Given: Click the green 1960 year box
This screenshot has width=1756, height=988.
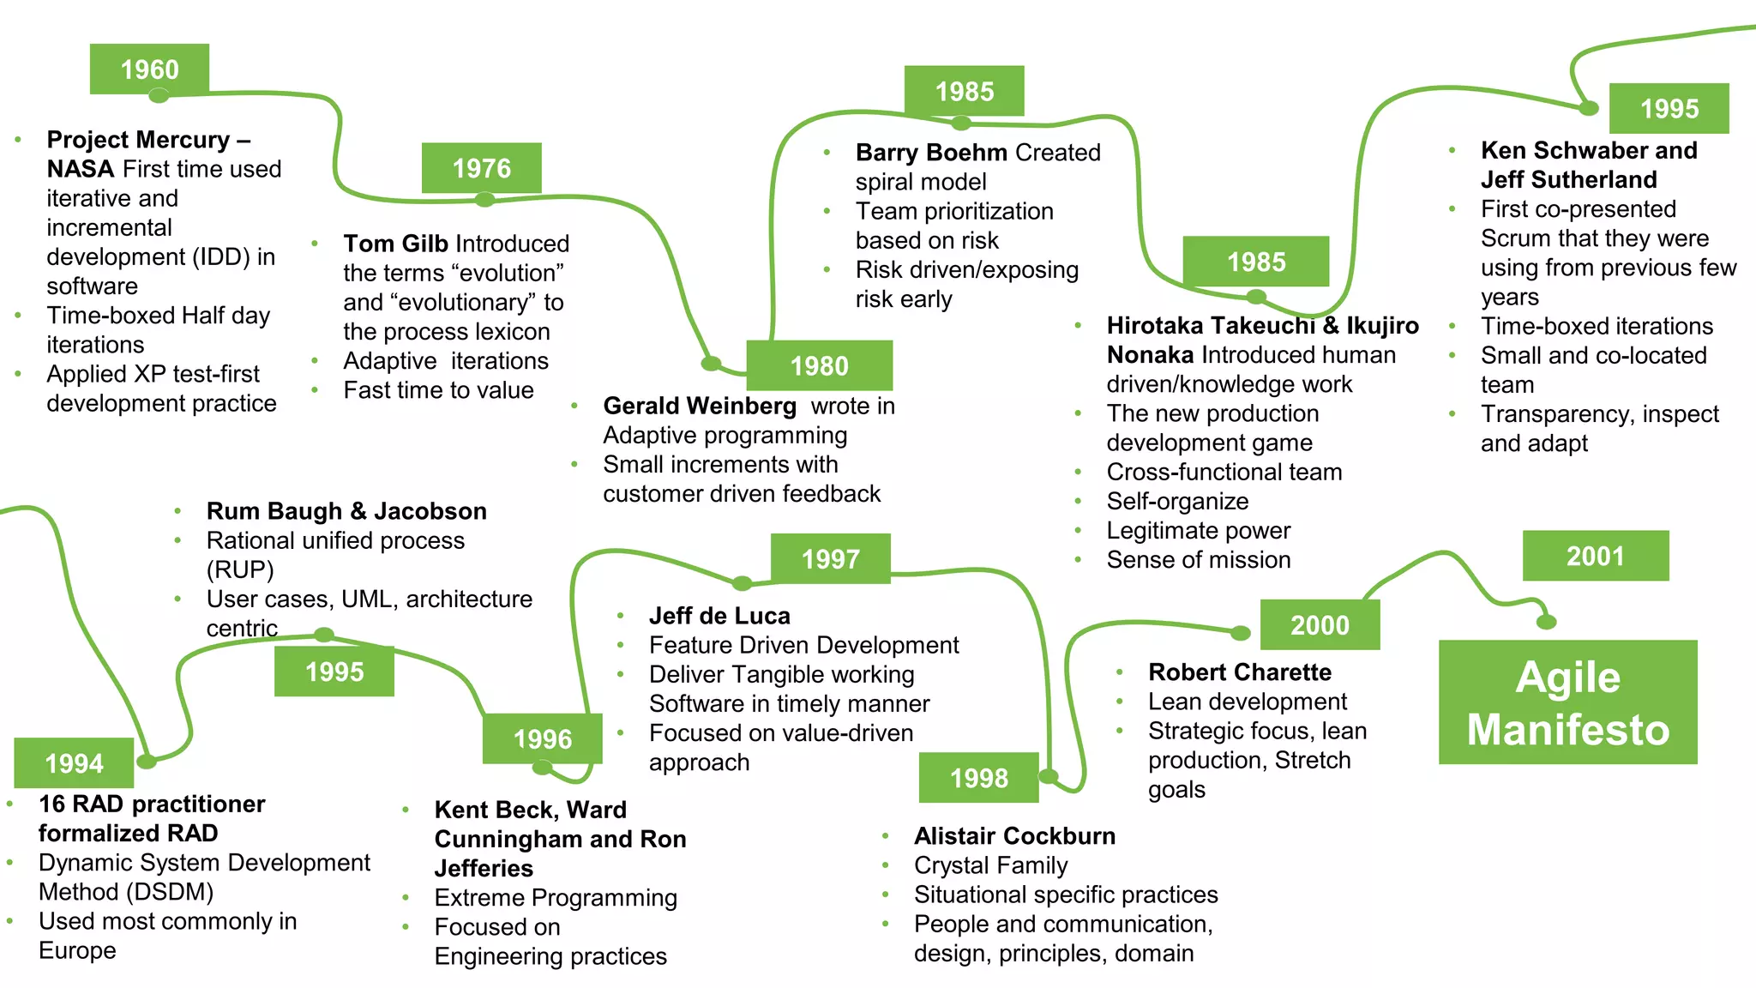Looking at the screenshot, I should click(x=149, y=69).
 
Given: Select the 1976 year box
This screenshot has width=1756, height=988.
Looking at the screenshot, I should click(x=481, y=168).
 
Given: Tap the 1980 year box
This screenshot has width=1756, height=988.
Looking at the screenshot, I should click(x=819, y=365).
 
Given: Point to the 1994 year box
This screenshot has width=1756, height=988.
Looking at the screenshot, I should click(x=74, y=762).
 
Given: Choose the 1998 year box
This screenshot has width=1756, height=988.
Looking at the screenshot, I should click(x=978, y=778).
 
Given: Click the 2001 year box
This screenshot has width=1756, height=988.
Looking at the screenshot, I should click(x=1595, y=556).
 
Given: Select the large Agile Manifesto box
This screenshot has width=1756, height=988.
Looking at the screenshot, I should click(x=1567, y=702).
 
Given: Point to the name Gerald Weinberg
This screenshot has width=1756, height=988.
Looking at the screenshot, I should click(x=700, y=406).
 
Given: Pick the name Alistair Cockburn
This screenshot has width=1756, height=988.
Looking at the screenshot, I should click(x=1014, y=836).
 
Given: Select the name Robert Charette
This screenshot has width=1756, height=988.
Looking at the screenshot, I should click(x=1240, y=672).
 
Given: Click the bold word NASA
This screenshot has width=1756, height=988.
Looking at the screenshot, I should click(x=81, y=169).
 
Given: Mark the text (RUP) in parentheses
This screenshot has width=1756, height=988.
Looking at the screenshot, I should click(x=240, y=569).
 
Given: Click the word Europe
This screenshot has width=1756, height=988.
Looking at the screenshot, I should click(x=77, y=950).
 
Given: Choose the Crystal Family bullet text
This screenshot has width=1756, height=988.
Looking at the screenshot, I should click(x=990, y=865).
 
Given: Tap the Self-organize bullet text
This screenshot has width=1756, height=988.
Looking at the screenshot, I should click(x=1177, y=501).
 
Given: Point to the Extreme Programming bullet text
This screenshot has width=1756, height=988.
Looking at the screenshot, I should click(x=556, y=898).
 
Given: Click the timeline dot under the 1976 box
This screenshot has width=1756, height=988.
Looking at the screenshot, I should click(x=485, y=200).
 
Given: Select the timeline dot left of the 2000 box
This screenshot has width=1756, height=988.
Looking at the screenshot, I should click(x=1241, y=634).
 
